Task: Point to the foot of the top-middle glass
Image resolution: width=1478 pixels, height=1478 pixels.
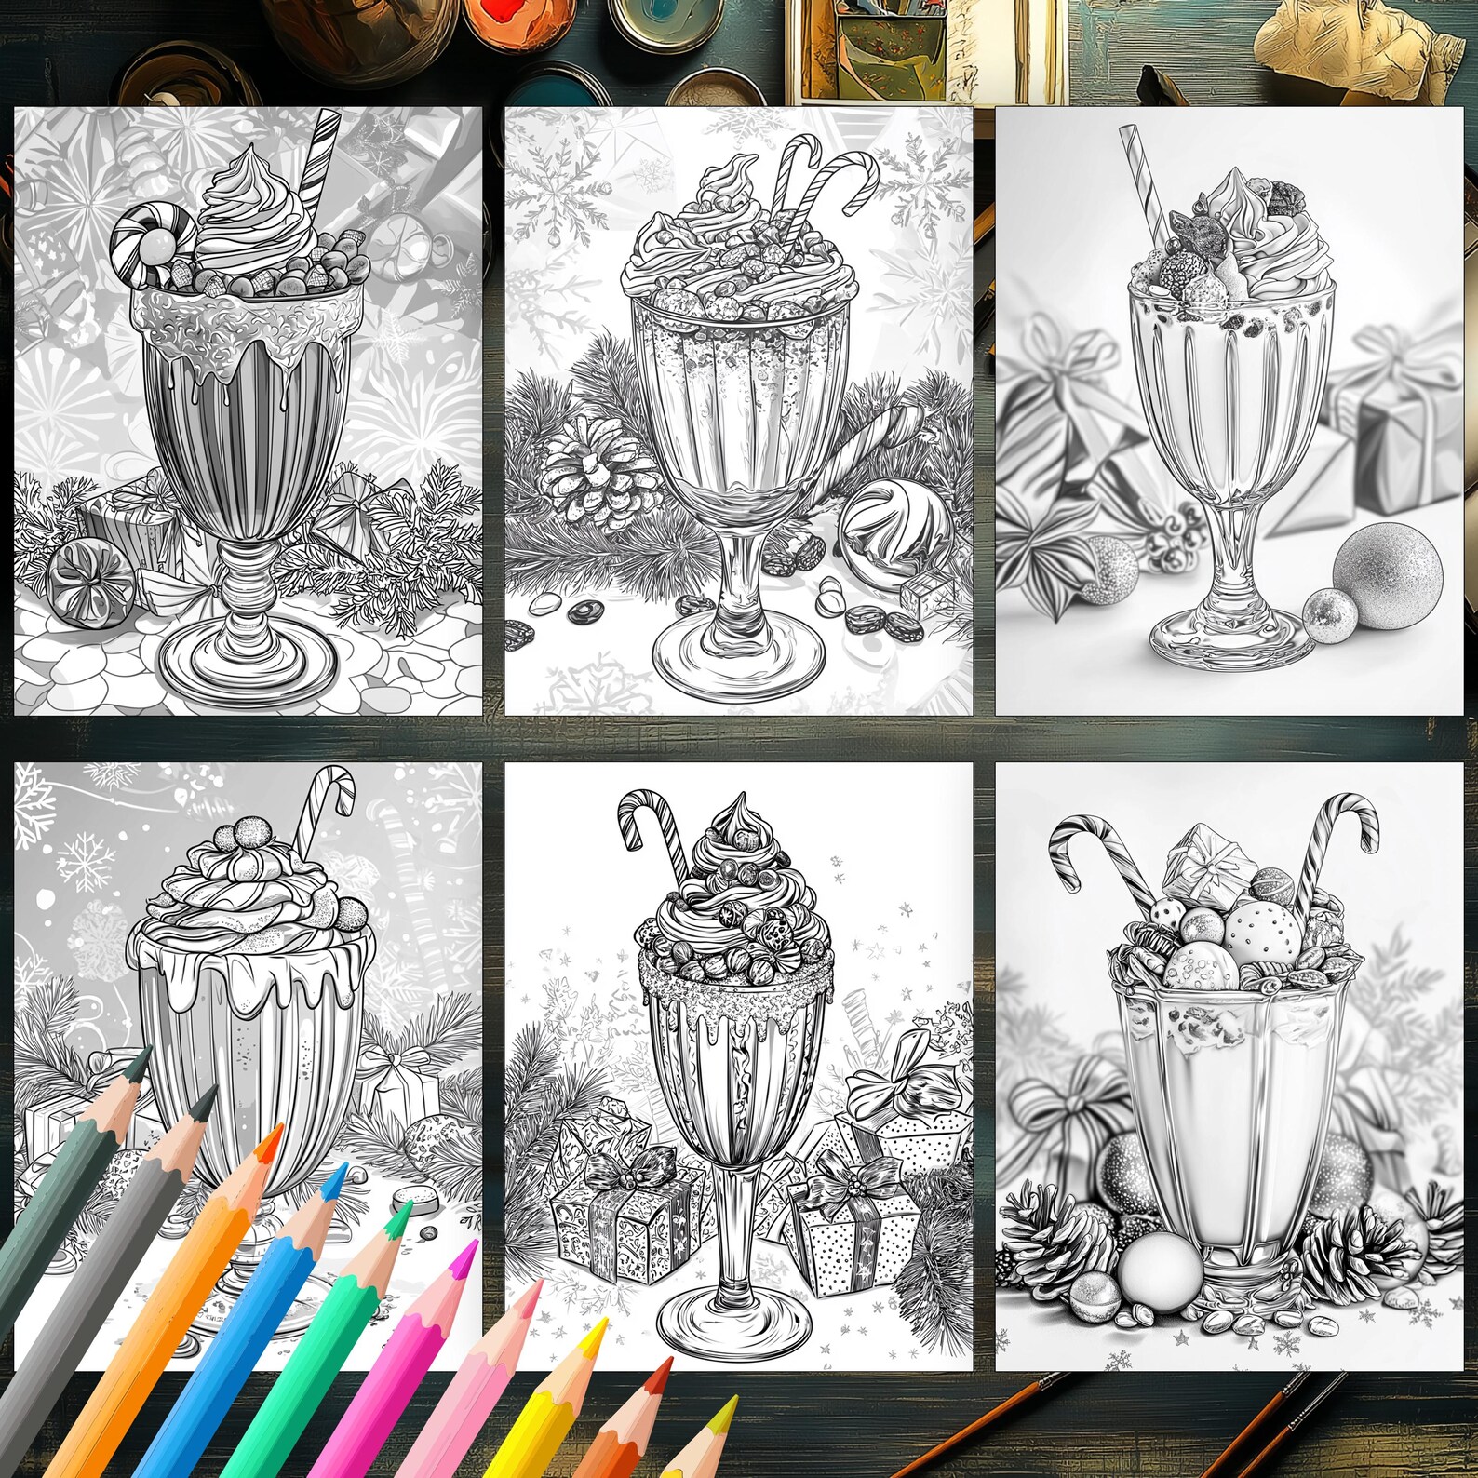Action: [740, 652]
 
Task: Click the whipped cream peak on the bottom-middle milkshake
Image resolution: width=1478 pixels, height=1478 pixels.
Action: [740, 814]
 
